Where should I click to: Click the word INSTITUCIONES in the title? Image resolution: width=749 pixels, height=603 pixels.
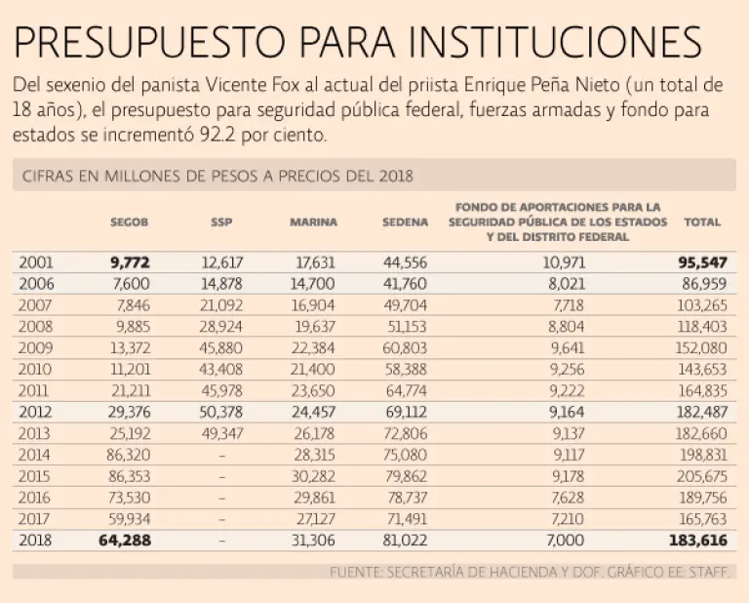(554, 43)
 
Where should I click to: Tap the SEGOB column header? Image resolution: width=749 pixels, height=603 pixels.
(130, 222)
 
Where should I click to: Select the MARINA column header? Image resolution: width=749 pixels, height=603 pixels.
(313, 222)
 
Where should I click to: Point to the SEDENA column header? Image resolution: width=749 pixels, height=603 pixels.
(405, 222)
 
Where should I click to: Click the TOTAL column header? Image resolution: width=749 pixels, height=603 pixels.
(702, 222)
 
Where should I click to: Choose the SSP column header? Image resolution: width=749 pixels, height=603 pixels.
(221, 222)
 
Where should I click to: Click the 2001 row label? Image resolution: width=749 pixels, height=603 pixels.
(36, 262)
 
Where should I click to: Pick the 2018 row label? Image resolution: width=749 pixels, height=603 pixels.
(36, 540)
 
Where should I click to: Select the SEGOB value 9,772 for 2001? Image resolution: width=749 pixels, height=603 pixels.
(131, 262)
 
